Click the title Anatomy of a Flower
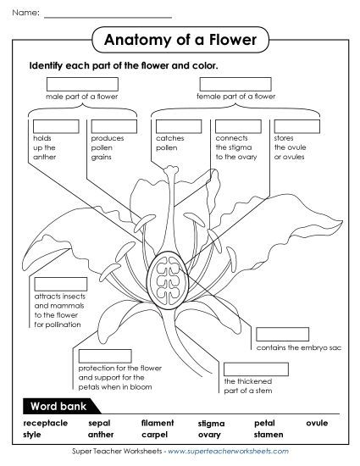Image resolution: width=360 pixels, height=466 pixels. point(179,38)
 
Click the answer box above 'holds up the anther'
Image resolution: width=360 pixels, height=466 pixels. point(55,126)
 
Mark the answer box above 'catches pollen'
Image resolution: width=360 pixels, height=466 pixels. point(178,126)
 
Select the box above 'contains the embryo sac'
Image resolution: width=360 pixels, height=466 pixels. point(283,334)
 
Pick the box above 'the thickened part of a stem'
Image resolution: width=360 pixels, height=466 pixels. point(256,369)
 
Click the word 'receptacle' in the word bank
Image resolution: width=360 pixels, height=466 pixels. point(45,423)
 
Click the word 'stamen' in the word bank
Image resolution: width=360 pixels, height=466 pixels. point(269,435)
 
